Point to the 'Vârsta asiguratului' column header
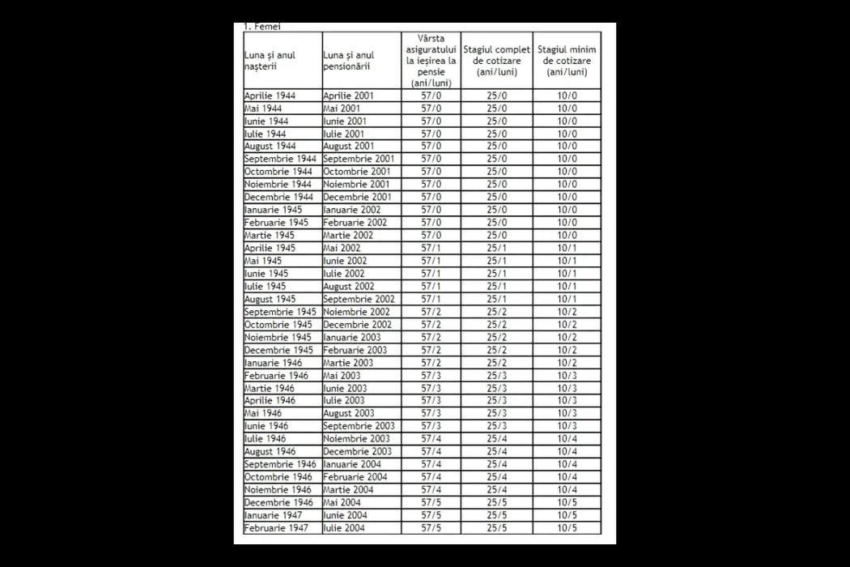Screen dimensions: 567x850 point(431,60)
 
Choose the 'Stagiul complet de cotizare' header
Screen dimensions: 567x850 point(496,60)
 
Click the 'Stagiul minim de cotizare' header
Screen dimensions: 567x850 point(567,60)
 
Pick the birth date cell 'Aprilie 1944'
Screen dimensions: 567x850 point(270,96)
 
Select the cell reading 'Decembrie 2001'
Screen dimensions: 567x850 point(357,197)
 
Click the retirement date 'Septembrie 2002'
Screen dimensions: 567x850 point(359,299)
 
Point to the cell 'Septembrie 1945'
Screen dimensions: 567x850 point(280,312)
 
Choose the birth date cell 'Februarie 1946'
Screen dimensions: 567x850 point(276,375)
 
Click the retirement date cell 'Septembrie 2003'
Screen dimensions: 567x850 point(359,426)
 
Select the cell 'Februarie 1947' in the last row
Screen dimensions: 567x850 point(276,528)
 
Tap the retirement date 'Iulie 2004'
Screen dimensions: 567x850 point(345,528)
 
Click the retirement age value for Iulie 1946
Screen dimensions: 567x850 point(431,439)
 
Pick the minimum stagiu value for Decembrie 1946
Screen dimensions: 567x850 point(567,502)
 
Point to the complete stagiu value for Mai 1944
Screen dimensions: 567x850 point(496,108)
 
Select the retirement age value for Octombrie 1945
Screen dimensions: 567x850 point(431,325)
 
